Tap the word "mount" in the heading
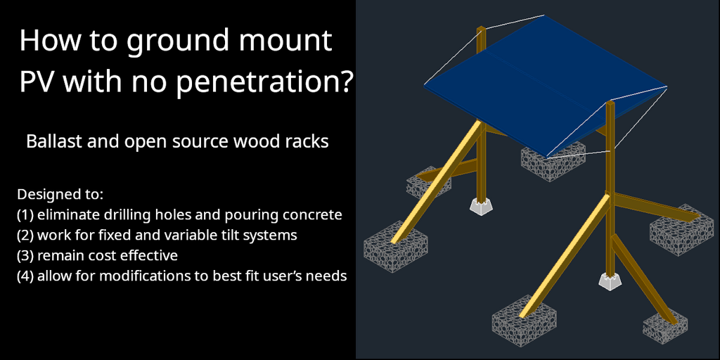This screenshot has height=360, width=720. point(285,41)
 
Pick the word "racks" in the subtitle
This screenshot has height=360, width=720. point(308,141)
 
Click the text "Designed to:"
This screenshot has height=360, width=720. point(60,195)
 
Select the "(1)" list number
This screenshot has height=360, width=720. point(25,215)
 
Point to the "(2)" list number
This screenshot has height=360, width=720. point(25,236)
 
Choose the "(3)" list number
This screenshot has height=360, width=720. point(25,256)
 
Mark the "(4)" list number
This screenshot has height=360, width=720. point(25,276)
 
